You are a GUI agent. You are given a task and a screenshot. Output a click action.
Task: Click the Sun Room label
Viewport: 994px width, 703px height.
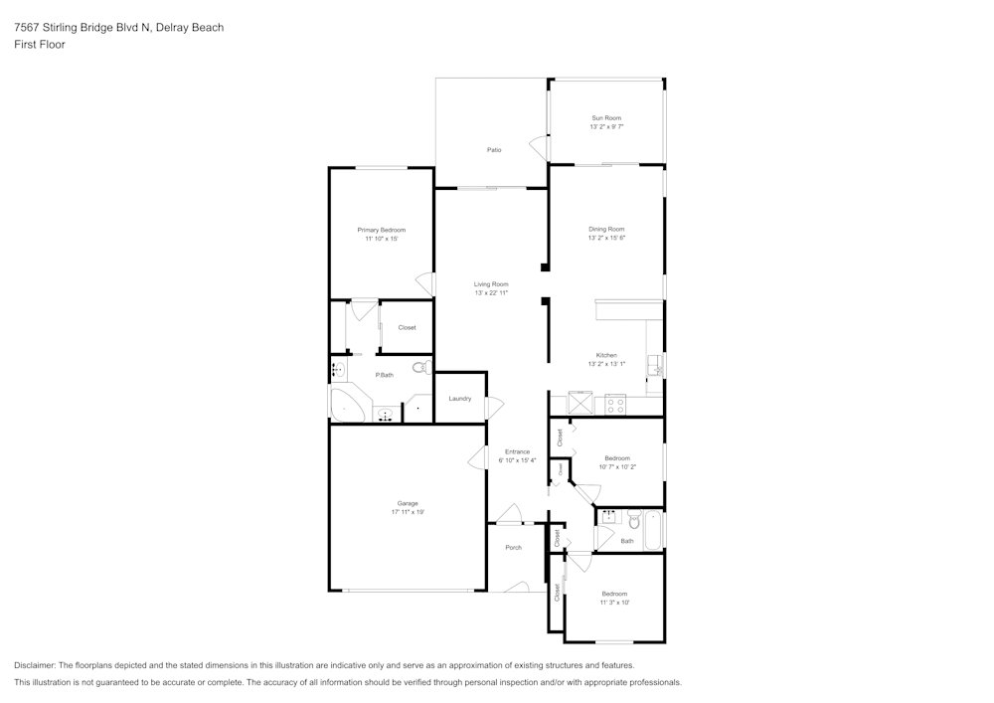click(606, 117)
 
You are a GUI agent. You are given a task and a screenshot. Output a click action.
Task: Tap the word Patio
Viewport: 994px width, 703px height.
click(493, 150)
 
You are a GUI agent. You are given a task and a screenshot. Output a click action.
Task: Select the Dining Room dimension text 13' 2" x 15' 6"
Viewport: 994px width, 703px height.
click(606, 238)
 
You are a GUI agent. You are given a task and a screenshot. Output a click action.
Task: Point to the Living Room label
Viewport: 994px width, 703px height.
click(491, 284)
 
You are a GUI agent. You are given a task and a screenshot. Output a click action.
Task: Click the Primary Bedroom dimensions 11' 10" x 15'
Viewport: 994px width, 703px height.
click(382, 239)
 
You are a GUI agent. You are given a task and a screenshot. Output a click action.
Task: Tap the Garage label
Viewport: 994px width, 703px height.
click(408, 503)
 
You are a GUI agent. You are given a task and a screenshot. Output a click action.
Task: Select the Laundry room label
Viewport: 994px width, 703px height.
click(459, 399)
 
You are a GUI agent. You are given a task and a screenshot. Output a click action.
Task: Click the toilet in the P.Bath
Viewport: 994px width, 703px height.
click(419, 368)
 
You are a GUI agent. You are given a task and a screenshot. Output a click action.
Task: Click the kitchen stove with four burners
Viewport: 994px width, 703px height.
click(614, 404)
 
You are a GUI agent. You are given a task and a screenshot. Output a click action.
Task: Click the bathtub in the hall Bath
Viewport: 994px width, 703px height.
click(654, 529)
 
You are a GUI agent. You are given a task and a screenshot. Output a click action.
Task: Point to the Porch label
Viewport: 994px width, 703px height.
click(513, 548)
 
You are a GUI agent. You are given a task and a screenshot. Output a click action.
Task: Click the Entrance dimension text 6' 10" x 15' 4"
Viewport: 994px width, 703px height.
click(517, 460)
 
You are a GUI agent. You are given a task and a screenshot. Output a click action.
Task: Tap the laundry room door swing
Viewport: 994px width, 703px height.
click(494, 408)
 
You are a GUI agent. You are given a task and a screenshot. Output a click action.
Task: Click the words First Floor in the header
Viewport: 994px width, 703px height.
click(40, 45)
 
